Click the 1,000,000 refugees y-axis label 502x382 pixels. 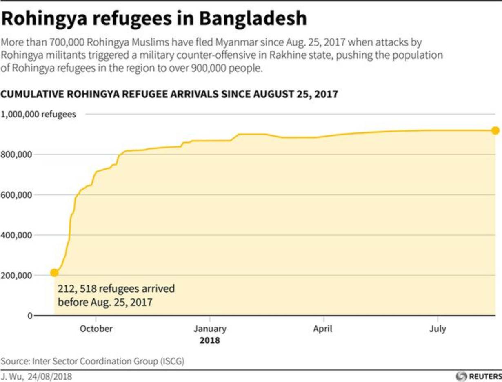coord(38,115)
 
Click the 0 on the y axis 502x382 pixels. coord(29,316)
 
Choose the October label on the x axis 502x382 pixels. coord(96,329)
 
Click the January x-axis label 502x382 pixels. coord(210,329)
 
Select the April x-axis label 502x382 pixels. coord(323,329)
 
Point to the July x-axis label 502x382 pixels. coord(438,329)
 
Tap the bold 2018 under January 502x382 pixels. coord(210,340)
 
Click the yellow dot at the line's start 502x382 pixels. coord(54,272)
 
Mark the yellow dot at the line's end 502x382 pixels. coord(495,130)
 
